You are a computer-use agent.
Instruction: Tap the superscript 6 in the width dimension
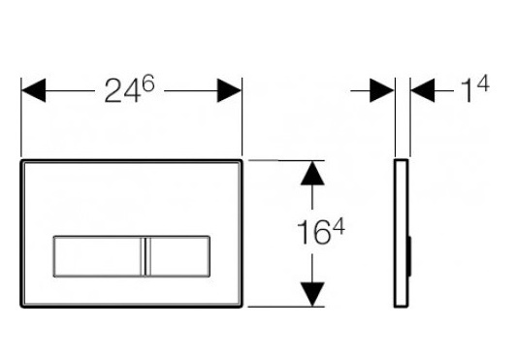[x=148, y=83]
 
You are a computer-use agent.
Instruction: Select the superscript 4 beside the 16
[x=339, y=227]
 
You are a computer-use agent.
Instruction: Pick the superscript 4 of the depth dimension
[x=483, y=83]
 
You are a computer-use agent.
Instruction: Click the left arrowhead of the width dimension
[x=33, y=90]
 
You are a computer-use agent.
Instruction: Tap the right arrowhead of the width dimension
[x=229, y=90]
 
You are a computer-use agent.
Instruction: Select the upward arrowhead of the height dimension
[x=312, y=173]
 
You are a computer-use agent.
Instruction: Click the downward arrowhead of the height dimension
[x=312, y=294]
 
